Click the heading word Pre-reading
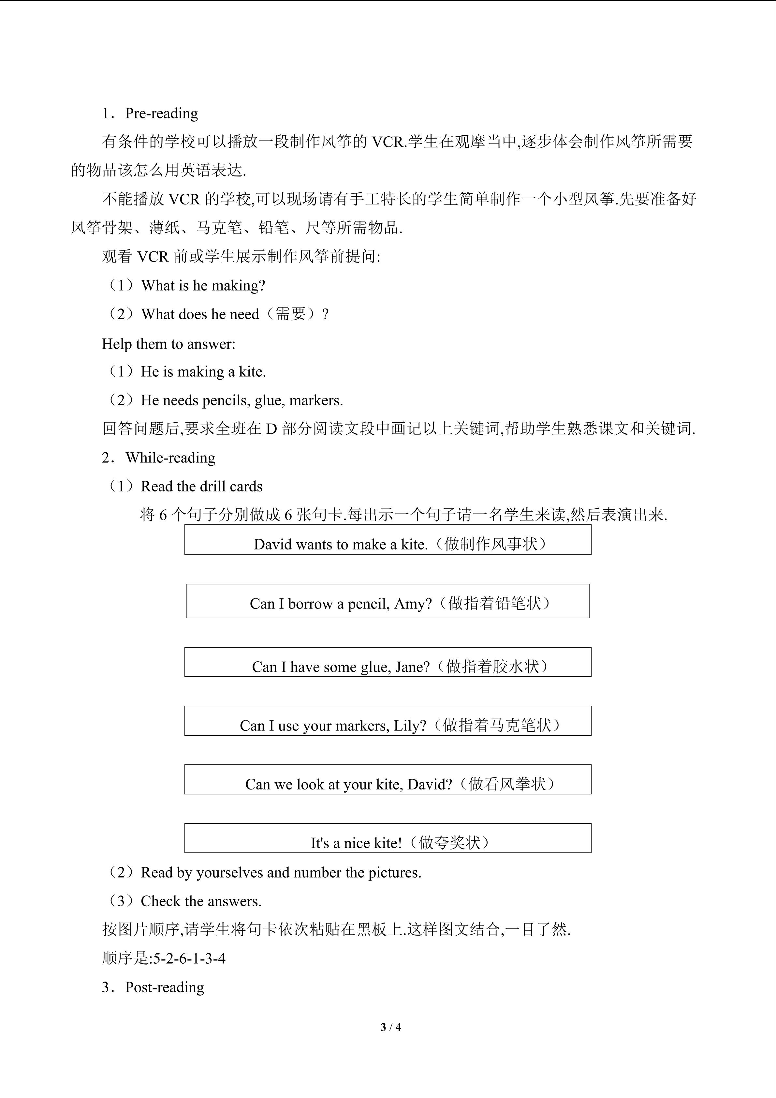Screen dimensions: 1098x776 pyautogui.click(x=162, y=113)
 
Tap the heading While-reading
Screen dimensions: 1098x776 pyautogui.click(x=170, y=458)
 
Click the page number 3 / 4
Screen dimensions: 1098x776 pyautogui.click(x=390, y=1027)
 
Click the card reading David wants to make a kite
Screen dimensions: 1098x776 pyautogui.click(x=388, y=540)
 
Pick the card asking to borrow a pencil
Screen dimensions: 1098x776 pyautogui.click(x=388, y=601)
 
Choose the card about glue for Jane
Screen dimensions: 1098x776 pyautogui.click(x=388, y=662)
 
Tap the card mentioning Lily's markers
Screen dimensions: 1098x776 pyautogui.click(x=388, y=721)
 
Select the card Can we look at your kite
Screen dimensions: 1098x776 pyautogui.click(x=388, y=780)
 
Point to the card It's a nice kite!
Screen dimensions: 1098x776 pyautogui.click(x=388, y=839)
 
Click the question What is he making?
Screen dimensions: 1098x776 pyautogui.click(x=203, y=285)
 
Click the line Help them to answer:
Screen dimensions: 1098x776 pyautogui.click(x=169, y=344)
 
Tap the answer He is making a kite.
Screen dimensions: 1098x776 pyautogui.click(x=203, y=371)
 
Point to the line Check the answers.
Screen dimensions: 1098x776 pyautogui.click(x=201, y=901)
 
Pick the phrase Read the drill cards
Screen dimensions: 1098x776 pyautogui.click(x=202, y=486)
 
